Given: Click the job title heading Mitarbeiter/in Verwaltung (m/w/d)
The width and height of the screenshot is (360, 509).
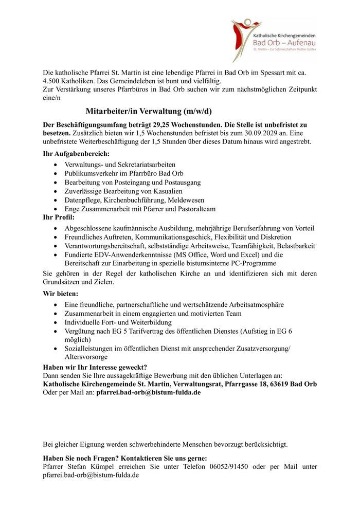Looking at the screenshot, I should click(x=149, y=111).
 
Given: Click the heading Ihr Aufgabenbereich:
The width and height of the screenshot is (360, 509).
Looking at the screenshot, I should click(x=76, y=153).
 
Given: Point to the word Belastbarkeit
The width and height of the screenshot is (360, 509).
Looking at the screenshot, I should click(x=294, y=246).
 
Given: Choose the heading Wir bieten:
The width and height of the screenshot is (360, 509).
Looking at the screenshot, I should click(x=61, y=294).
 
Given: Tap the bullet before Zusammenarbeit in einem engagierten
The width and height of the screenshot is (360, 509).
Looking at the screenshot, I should click(x=56, y=313).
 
